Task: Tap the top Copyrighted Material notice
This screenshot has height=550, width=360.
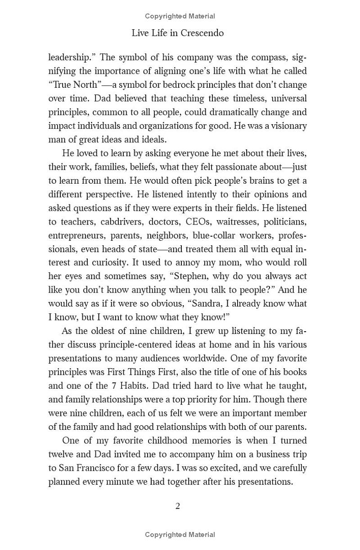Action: (180, 16)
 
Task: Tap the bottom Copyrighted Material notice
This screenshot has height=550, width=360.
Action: (180, 535)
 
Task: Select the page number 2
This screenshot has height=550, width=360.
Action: (178, 506)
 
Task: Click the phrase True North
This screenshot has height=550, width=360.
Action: (68, 85)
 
